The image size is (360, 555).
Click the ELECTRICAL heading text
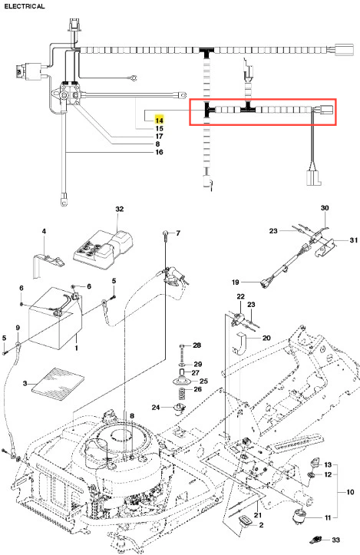point(25,6)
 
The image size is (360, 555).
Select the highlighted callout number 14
point(160,121)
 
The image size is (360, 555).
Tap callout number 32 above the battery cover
point(120,209)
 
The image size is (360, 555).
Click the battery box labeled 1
point(54,319)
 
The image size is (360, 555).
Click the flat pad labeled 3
point(58,384)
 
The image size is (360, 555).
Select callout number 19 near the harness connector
point(236,282)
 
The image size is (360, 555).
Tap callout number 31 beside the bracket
point(354,240)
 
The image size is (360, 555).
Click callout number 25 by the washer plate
point(203,382)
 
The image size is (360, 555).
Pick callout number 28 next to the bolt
point(197,345)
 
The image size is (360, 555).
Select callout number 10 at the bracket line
point(350,492)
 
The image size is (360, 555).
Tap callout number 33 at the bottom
point(335,540)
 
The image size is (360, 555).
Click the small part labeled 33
point(315,540)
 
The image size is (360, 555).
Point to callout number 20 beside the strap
point(266,338)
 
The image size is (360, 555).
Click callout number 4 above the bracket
point(44,231)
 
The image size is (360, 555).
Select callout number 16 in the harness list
point(160,152)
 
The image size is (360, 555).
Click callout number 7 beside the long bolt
point(178,233)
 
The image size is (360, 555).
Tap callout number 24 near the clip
point(156,408)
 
